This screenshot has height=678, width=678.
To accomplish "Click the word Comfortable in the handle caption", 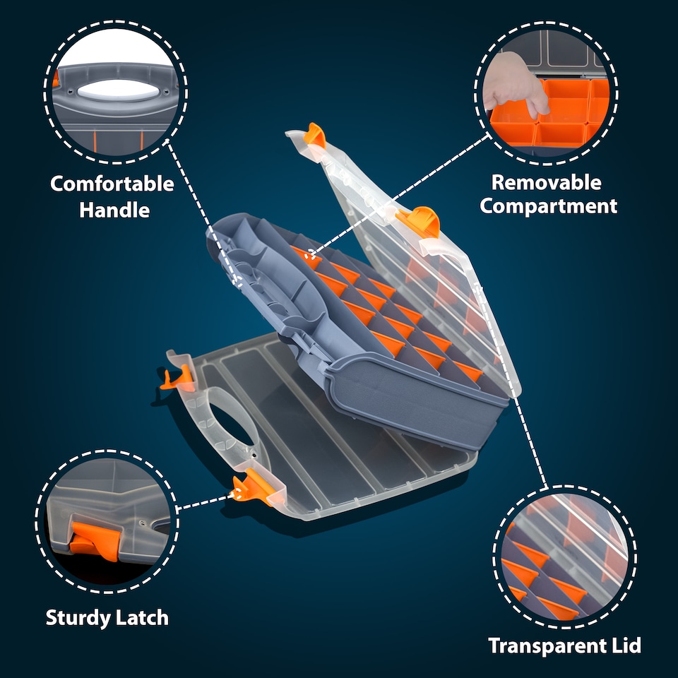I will tap(112, 184).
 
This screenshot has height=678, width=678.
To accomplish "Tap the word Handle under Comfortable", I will tap(114, 210).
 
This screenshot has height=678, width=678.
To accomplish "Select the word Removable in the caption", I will tap(547, 182).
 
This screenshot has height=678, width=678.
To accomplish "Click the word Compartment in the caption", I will tap(549, 206).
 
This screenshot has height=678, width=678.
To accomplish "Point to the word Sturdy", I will tap(77, 618).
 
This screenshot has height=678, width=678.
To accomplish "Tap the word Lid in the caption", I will tap(624, 646).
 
